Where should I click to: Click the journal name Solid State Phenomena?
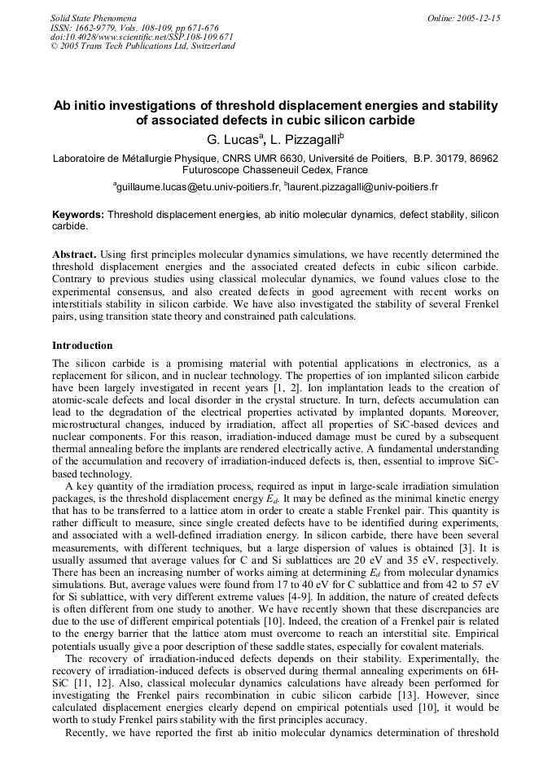[x=92, y=17]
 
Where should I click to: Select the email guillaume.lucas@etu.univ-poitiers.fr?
[x=199, y=186]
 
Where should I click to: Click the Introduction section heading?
[x=82, y=346]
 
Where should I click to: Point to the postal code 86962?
[x=483, y=158]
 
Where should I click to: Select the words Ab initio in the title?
[x=82, y=107]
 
